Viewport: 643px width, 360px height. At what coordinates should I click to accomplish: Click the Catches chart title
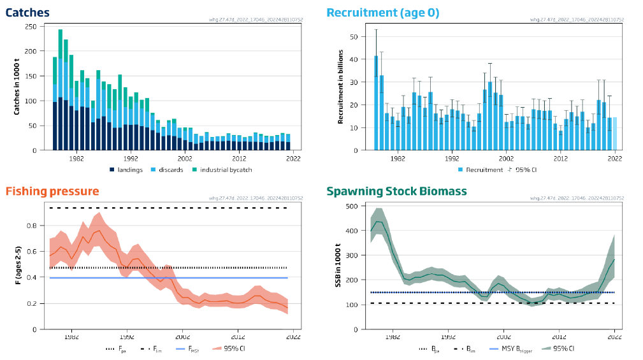[28, 12]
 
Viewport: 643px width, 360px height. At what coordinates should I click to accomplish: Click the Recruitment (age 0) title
[382, 12]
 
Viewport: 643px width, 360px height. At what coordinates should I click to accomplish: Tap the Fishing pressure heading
[52, 191]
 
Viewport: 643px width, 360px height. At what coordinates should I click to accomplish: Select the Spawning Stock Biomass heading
[396, 191]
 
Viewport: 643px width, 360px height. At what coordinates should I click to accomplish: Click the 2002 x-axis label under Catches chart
[185, 159]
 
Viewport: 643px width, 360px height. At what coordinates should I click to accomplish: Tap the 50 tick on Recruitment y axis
[353, 36]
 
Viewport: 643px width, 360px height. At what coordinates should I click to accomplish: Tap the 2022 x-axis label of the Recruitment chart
[614, 159]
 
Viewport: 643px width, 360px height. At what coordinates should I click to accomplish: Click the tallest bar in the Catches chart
[60, 89]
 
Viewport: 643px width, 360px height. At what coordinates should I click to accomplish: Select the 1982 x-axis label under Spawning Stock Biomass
[393, 338]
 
